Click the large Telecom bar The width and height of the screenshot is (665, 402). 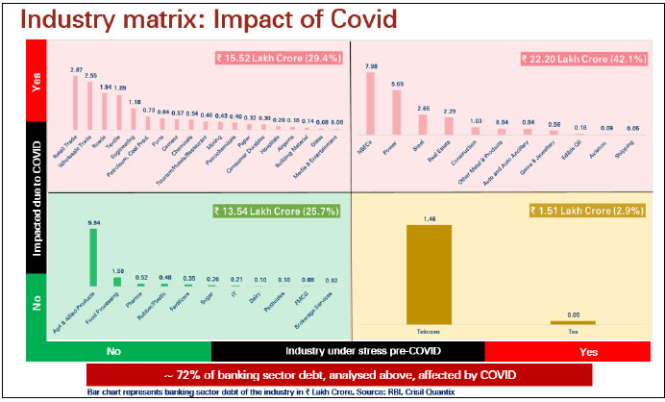click(x=436, y=273)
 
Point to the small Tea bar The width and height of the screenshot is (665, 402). click(x=573, y=322)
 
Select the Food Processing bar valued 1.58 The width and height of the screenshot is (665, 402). click(x=117, y=282)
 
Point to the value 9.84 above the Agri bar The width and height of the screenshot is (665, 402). click(x=92, y=224)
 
